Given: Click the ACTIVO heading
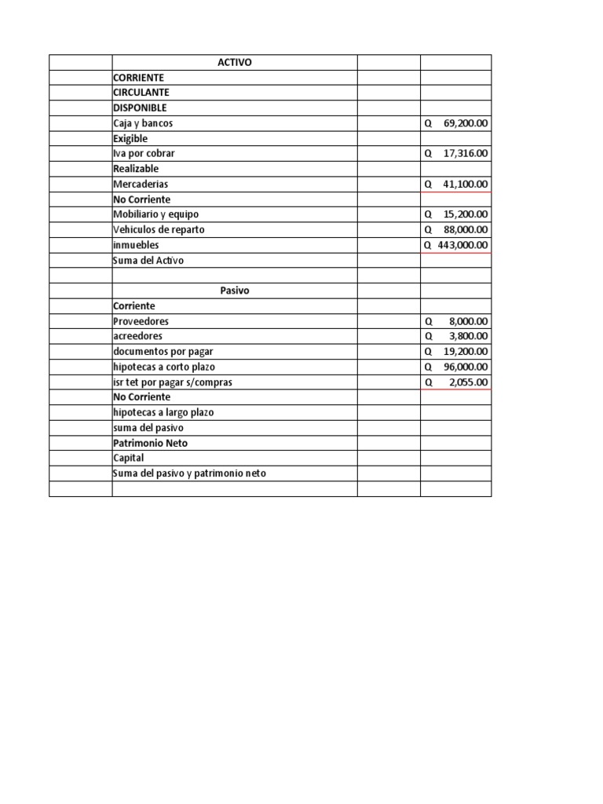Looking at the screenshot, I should click(235, 63).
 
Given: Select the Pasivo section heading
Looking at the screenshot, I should click(235, 291).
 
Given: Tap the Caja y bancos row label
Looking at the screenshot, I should click(143, 123).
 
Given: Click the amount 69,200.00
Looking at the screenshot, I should click(466, 123).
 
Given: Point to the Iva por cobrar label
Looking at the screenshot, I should click(144, 154).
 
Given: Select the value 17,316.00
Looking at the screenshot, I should click(466, 154).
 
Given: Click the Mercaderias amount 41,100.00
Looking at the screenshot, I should click(466, 184).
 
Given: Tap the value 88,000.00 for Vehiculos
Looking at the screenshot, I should click(466, 229).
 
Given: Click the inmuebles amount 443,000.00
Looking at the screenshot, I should click(462, 245).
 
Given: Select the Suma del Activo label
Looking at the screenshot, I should click(148, 260).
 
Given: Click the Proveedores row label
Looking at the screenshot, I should click(141, 321).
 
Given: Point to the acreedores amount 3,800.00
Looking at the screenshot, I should click(469, 336).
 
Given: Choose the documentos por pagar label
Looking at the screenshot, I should click(163, 351).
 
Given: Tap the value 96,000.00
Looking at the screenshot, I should click(466, 367).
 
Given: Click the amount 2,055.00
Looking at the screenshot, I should click(469, 382).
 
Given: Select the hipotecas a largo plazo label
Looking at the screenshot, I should click(163, 412).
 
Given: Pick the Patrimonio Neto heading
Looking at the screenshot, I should click(150, 443).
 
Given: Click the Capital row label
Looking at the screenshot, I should click(129, 458).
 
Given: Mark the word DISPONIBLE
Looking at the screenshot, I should click(140, 108).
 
